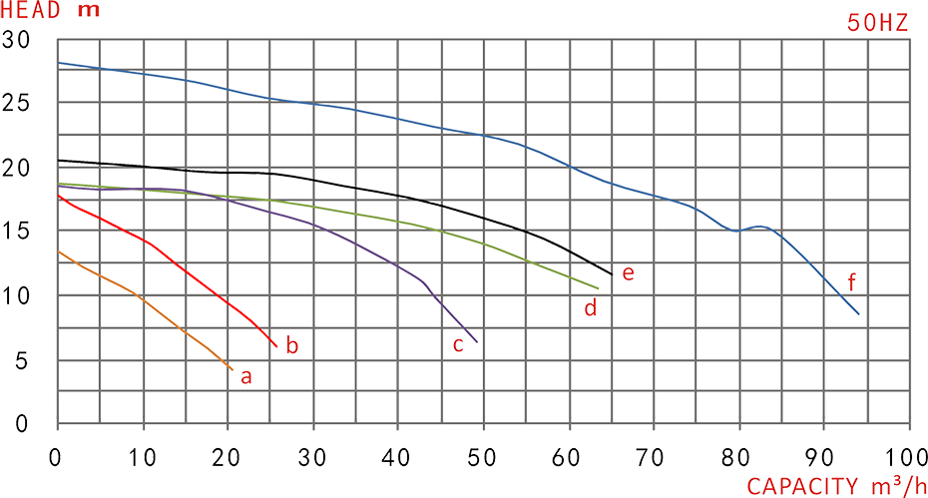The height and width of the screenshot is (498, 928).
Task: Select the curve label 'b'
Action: (292, 346)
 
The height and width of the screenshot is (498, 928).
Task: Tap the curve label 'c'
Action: (458, 345)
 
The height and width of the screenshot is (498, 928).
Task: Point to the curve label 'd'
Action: (591, 309)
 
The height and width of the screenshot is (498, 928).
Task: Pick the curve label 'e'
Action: (628, 272)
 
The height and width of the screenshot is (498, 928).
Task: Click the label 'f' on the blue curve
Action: (852, 279)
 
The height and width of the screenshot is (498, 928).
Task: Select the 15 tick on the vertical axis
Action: (16, 232)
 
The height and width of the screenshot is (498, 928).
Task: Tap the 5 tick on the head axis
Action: (22, 359)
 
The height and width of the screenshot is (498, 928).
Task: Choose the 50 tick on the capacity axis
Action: (484, 458)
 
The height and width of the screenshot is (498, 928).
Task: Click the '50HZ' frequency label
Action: (878, 24)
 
